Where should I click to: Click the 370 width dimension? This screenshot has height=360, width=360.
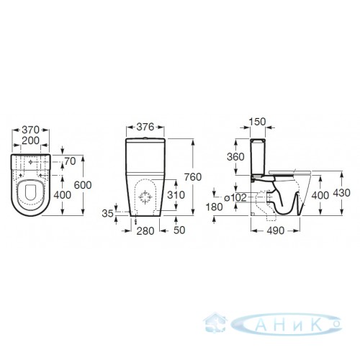(x=30, y=130)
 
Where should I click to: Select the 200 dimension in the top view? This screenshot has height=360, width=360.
(x=30, y=140)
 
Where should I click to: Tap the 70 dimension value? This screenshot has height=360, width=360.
(x=71, y=161)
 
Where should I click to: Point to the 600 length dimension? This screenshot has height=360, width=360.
(x=83, y=185)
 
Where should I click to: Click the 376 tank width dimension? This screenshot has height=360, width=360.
(x=145, y=127)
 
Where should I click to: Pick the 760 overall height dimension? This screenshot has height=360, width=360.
(x=193, y=177)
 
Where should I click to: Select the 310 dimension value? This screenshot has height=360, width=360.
(x=176, y=195)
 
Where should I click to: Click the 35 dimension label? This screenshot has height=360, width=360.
(x=107, y=213)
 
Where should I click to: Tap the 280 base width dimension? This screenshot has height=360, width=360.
(x=145, y=231)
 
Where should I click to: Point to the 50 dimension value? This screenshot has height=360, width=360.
(x=179, y=230)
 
